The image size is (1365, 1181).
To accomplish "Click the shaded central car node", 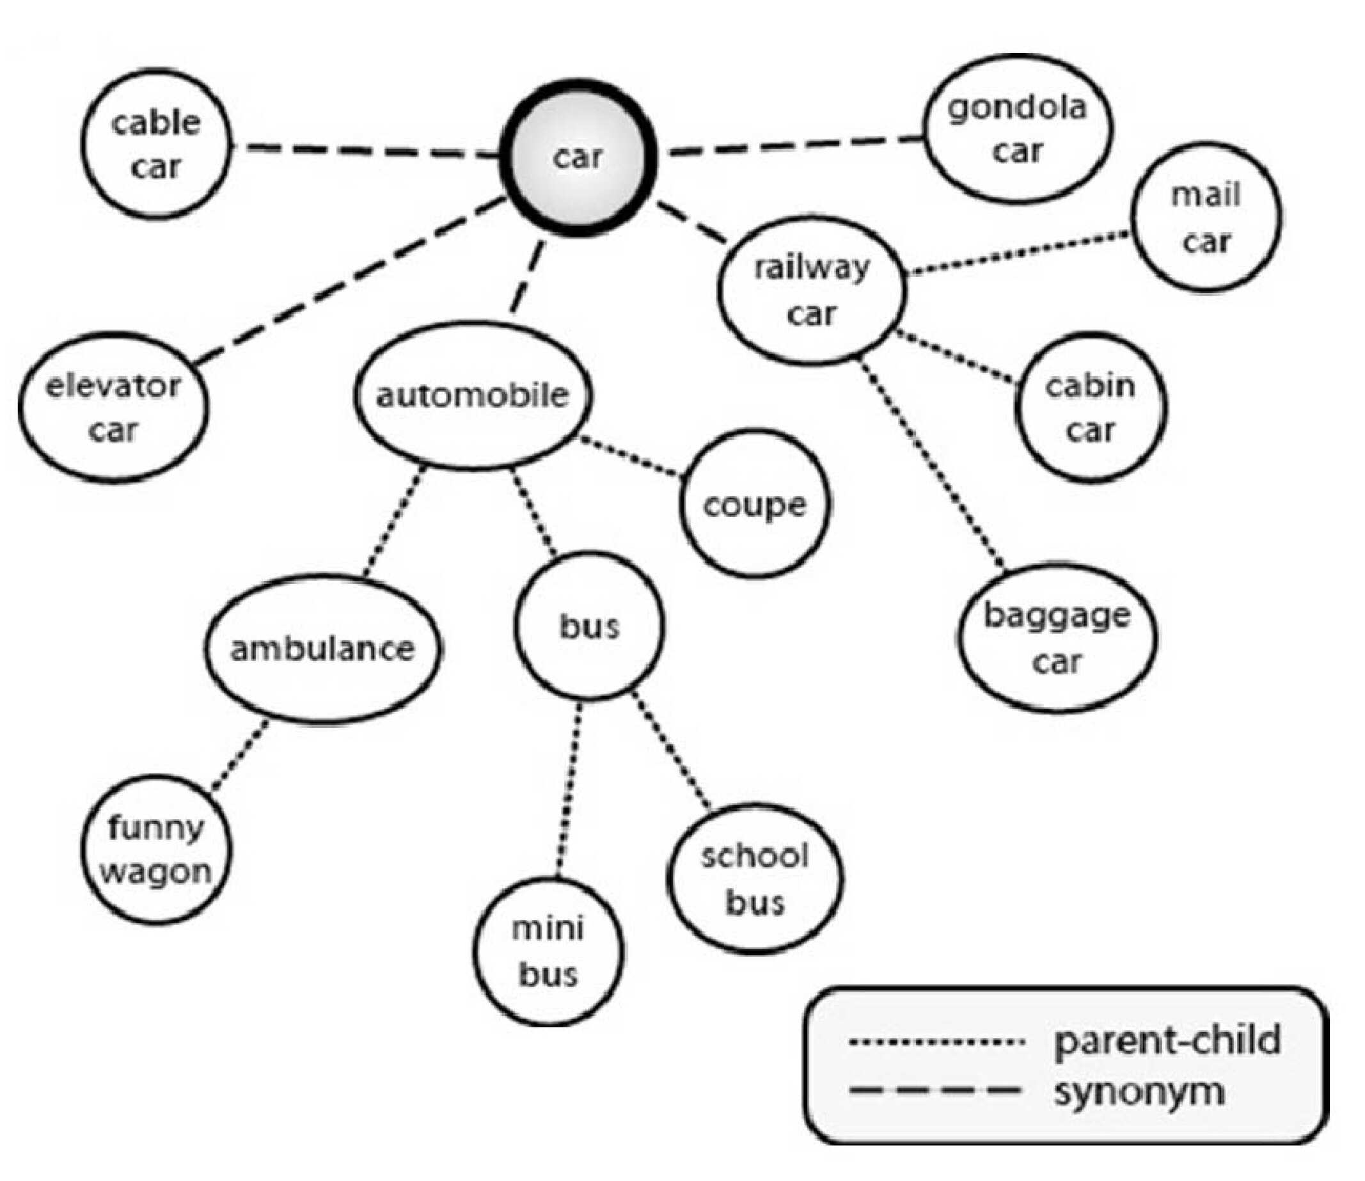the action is point(578,157).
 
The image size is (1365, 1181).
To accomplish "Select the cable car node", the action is point(156,145).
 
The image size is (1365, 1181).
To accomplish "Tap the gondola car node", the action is point(1018,129).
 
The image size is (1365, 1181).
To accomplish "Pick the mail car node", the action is point(1206,217).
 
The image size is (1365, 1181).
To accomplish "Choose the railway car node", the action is point(812,290).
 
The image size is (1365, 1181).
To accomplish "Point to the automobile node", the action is point(472,395).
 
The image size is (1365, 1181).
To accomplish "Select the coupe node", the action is point(754,504).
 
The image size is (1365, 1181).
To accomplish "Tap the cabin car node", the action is point(1091,408).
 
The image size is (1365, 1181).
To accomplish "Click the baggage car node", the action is point(1057,638).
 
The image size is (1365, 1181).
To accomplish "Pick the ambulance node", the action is point(323,649).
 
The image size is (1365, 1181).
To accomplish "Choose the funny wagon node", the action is point(156,850).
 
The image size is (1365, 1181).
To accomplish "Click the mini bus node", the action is point(548,951).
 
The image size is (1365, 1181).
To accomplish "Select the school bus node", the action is point(755,878).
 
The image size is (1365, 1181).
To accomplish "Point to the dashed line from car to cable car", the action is point(366,151).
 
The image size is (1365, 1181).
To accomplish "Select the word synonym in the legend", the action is point(1139,1092).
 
